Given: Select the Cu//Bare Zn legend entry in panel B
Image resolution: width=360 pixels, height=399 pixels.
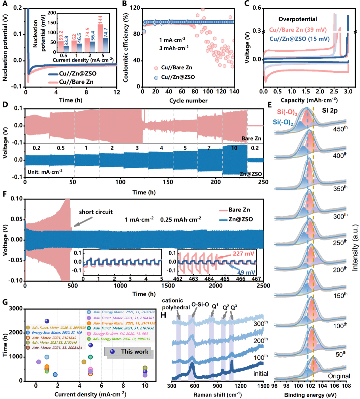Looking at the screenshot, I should [176, 67].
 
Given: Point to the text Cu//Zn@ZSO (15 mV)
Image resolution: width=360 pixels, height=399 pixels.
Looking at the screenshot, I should [299, 39].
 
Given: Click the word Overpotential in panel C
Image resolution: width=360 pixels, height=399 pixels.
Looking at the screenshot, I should [298, 19].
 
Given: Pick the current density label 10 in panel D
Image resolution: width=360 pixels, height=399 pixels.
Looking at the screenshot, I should [234, 148].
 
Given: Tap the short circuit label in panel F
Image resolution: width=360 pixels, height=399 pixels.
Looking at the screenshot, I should [96, 212].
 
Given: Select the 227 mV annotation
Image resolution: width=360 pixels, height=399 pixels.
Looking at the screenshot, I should [243, 254].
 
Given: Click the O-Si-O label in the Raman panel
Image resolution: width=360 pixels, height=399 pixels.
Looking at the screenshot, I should [200, 305].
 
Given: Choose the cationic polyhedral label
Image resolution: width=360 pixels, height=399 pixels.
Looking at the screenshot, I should [175, 304].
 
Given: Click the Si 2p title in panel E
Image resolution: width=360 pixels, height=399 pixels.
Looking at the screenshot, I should [330, 110].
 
